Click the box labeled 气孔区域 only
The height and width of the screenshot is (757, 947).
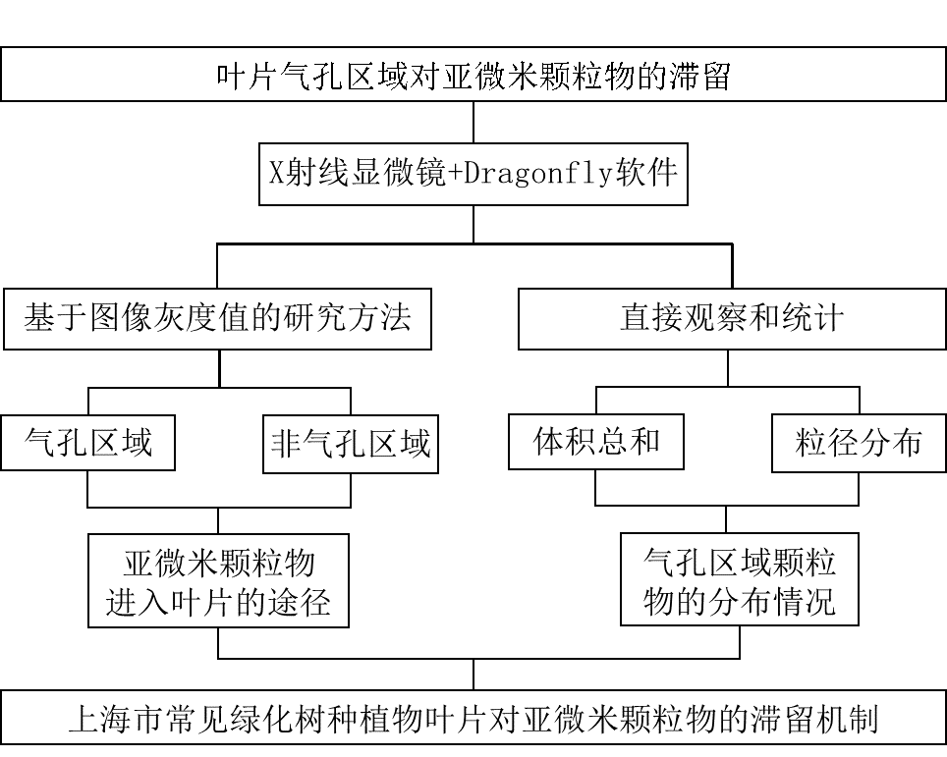click(x=87, y=443)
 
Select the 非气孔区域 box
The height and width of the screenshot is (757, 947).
click(x=351, y=445)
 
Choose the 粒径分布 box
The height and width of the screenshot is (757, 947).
click(x=859, y=444)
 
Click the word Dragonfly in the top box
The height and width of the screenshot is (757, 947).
click(x=537, y=174)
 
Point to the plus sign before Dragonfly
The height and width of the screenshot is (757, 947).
click(x=453, y=174)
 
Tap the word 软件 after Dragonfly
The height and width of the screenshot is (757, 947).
click(x=646, y=174)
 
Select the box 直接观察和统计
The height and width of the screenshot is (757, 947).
click(x=732, y=319)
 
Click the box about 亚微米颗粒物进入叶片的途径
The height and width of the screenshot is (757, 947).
click(x=218, y=579)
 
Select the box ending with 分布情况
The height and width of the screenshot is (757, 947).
click(x=739, y=579)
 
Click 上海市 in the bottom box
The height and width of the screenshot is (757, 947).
click(x=106, y=722)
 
